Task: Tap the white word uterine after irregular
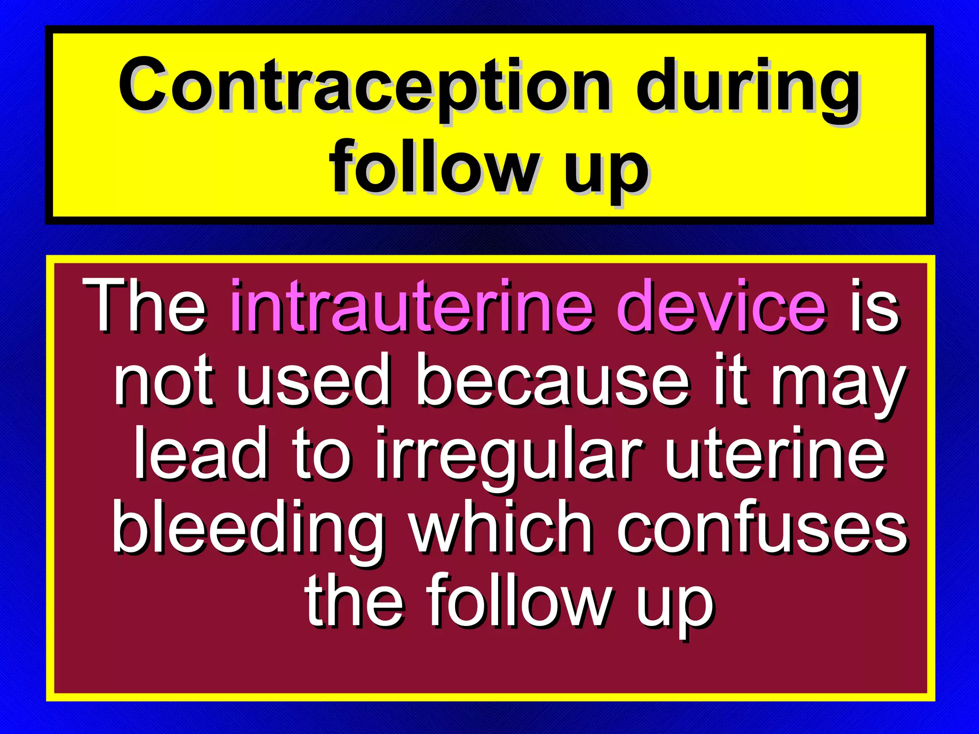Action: (x=775, y=454)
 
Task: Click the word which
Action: (x=501, y=528)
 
